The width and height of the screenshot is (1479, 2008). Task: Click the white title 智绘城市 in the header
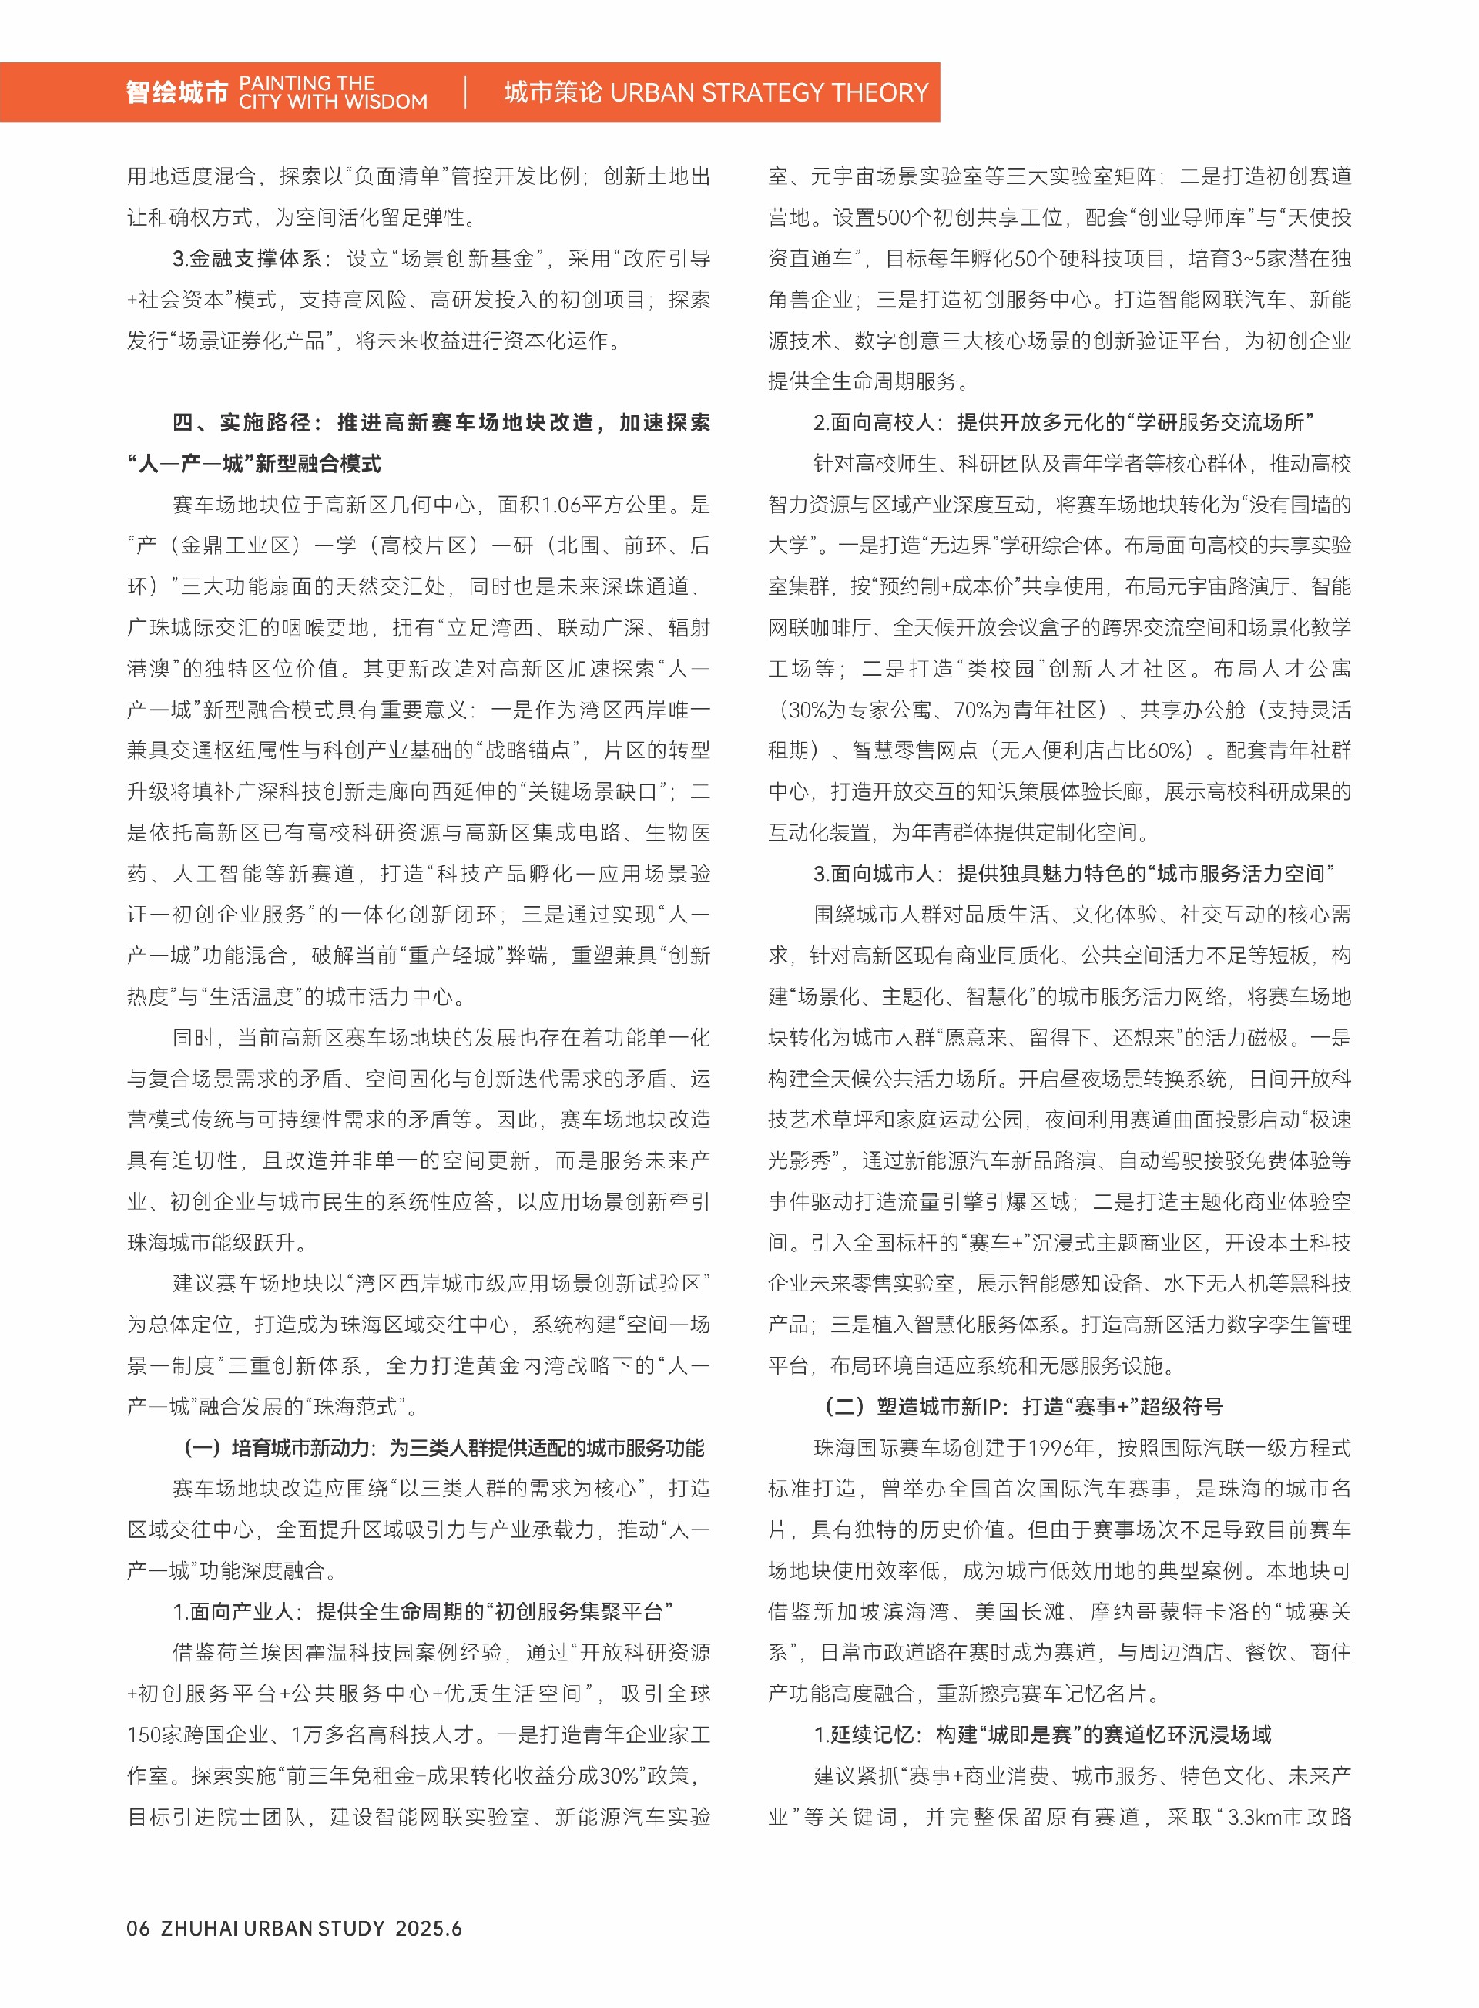click(x=177, y=92)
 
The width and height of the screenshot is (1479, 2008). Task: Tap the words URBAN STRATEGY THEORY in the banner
click(x=768, y=92)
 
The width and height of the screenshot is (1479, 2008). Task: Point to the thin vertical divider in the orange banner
click(x=465, y=92)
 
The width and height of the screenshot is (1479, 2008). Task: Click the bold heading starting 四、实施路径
click(x=441, y=423)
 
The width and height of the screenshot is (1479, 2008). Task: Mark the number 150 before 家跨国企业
click(x=144, y=1734)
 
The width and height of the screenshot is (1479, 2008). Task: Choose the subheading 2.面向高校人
click(x=1064, y=423)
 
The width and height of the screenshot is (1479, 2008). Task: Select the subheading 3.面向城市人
click(x=1074, y=873)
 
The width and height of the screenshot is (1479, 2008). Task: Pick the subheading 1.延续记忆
click(x=1042, y=1734)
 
